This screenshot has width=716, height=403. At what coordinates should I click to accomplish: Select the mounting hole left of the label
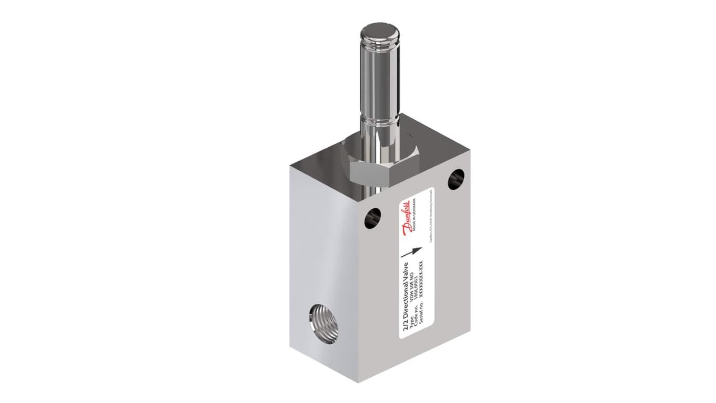pyautogui.click(x=373, y=218)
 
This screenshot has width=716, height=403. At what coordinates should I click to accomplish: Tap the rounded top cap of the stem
pyautogui.click(x=381, y=34)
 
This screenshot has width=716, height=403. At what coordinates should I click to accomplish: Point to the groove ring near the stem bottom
pyautogui.click(x=381, y=120)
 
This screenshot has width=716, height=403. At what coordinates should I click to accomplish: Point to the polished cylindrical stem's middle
pyautogui.click(x=381, y=78)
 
